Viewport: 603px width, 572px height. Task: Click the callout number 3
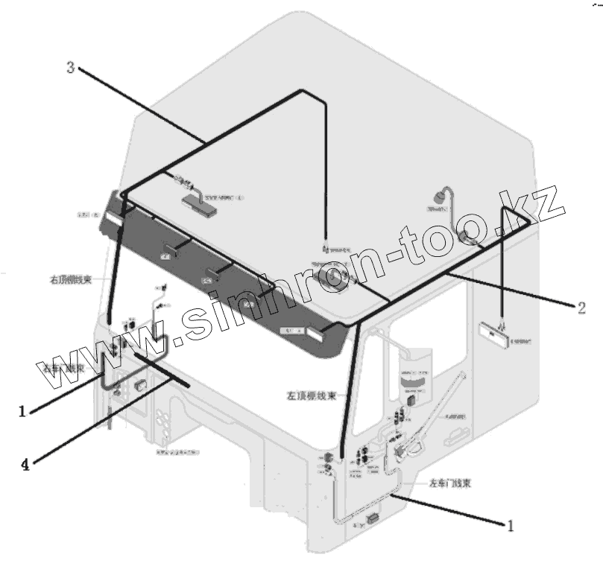(69, 68)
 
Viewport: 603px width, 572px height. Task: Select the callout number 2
(580, 306)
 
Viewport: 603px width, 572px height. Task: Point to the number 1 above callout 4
(22, 410)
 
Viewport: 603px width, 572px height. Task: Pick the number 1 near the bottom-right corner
(511, 526)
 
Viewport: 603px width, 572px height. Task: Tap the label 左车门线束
(449, 483)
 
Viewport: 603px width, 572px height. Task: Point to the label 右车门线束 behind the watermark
(66, 368)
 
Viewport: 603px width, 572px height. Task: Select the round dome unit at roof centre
(328, 282)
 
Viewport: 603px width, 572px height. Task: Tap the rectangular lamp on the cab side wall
(494, 334)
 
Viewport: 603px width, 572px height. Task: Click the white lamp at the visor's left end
(115, 217)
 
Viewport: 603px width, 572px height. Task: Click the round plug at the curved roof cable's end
(436, 199)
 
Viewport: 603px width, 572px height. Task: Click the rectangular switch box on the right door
(140, 386)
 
